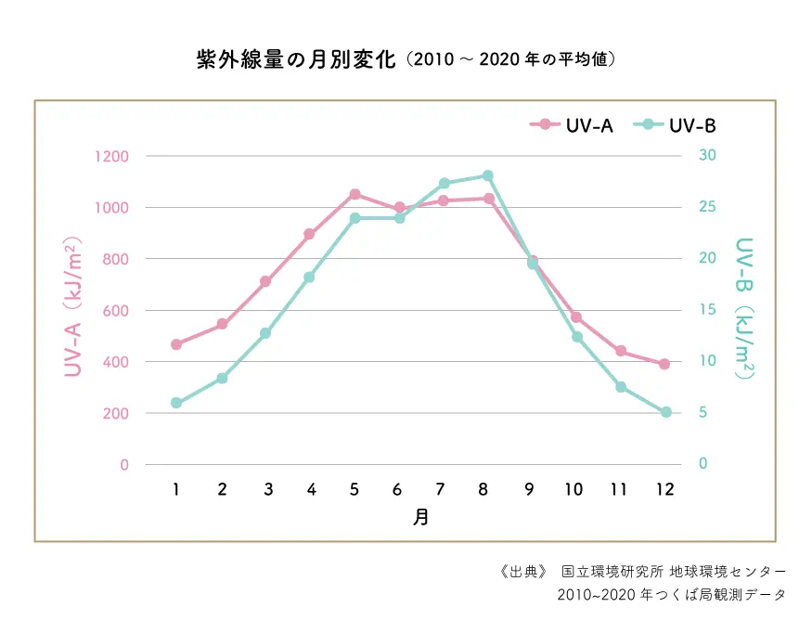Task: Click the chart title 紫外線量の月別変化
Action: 297,60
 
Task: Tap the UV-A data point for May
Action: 354,194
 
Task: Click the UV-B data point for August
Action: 488,175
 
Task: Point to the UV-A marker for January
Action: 176,344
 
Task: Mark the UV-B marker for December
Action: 665,412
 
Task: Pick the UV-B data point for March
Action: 265,333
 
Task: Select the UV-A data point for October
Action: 576,317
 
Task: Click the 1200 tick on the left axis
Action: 110,156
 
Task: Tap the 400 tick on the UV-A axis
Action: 116,362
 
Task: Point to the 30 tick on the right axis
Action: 706,155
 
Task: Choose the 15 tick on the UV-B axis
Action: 706,310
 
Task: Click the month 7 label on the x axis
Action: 442,489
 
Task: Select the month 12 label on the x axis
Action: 664,489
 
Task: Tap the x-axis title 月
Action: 420,517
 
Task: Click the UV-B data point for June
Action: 399,218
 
